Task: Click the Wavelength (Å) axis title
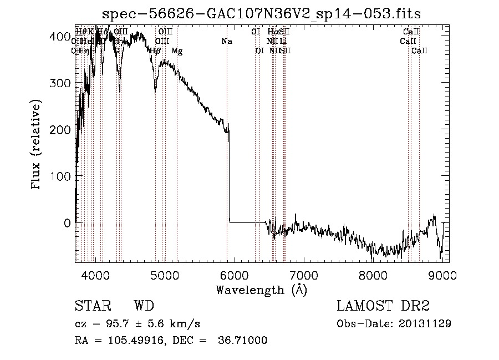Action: coord(261,290)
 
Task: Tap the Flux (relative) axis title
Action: coord(37,145)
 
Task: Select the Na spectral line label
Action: coord(226,42)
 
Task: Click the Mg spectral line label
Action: coord(177,51)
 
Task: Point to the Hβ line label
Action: coord(156,51)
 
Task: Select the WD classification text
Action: coord(144,307)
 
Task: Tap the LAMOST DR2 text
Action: coord(383,307)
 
